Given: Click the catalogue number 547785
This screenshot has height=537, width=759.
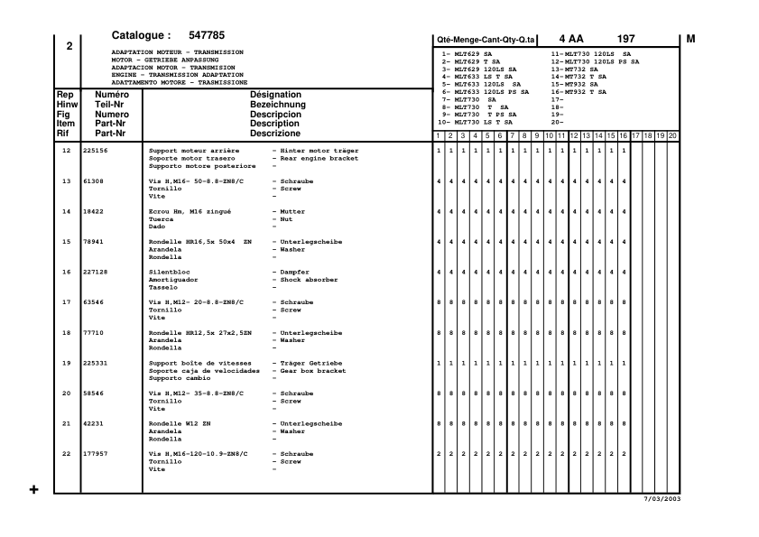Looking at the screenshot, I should pyautogui.click(x=207, y=36).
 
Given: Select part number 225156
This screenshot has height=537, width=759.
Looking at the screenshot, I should pyautogui.click(x=95, y=150).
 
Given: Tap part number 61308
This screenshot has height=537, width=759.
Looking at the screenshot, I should pyautogui.click(x=93, y=181).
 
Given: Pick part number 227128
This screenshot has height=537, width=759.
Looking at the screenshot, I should pyautogui.click(x=95, y=272).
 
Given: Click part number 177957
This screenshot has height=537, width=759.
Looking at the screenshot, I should pyautogui.click(x=95, y=454).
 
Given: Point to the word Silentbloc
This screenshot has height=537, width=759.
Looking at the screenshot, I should pyautogui.click(x=169, y=272).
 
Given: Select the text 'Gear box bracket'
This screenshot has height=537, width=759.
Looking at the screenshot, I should pyautogui.click(x=314, y=370).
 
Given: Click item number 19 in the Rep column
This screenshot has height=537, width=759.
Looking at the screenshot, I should pyautogui.click(x=66, y=363).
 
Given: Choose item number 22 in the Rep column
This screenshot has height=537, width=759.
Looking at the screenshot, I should pyautogui.click(x=66, y=454).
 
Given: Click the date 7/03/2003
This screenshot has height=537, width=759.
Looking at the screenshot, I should pyautogui.click(x=661, y=499).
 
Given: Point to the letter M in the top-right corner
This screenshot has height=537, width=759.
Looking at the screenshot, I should pyautogui.click(x=691, y=39).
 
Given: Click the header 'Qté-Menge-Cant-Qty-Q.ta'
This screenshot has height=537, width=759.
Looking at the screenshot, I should pyautogui.click(x=486, y=41).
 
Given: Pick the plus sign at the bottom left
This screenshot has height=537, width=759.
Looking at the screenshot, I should pyautogui.click(x=34, y=490).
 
